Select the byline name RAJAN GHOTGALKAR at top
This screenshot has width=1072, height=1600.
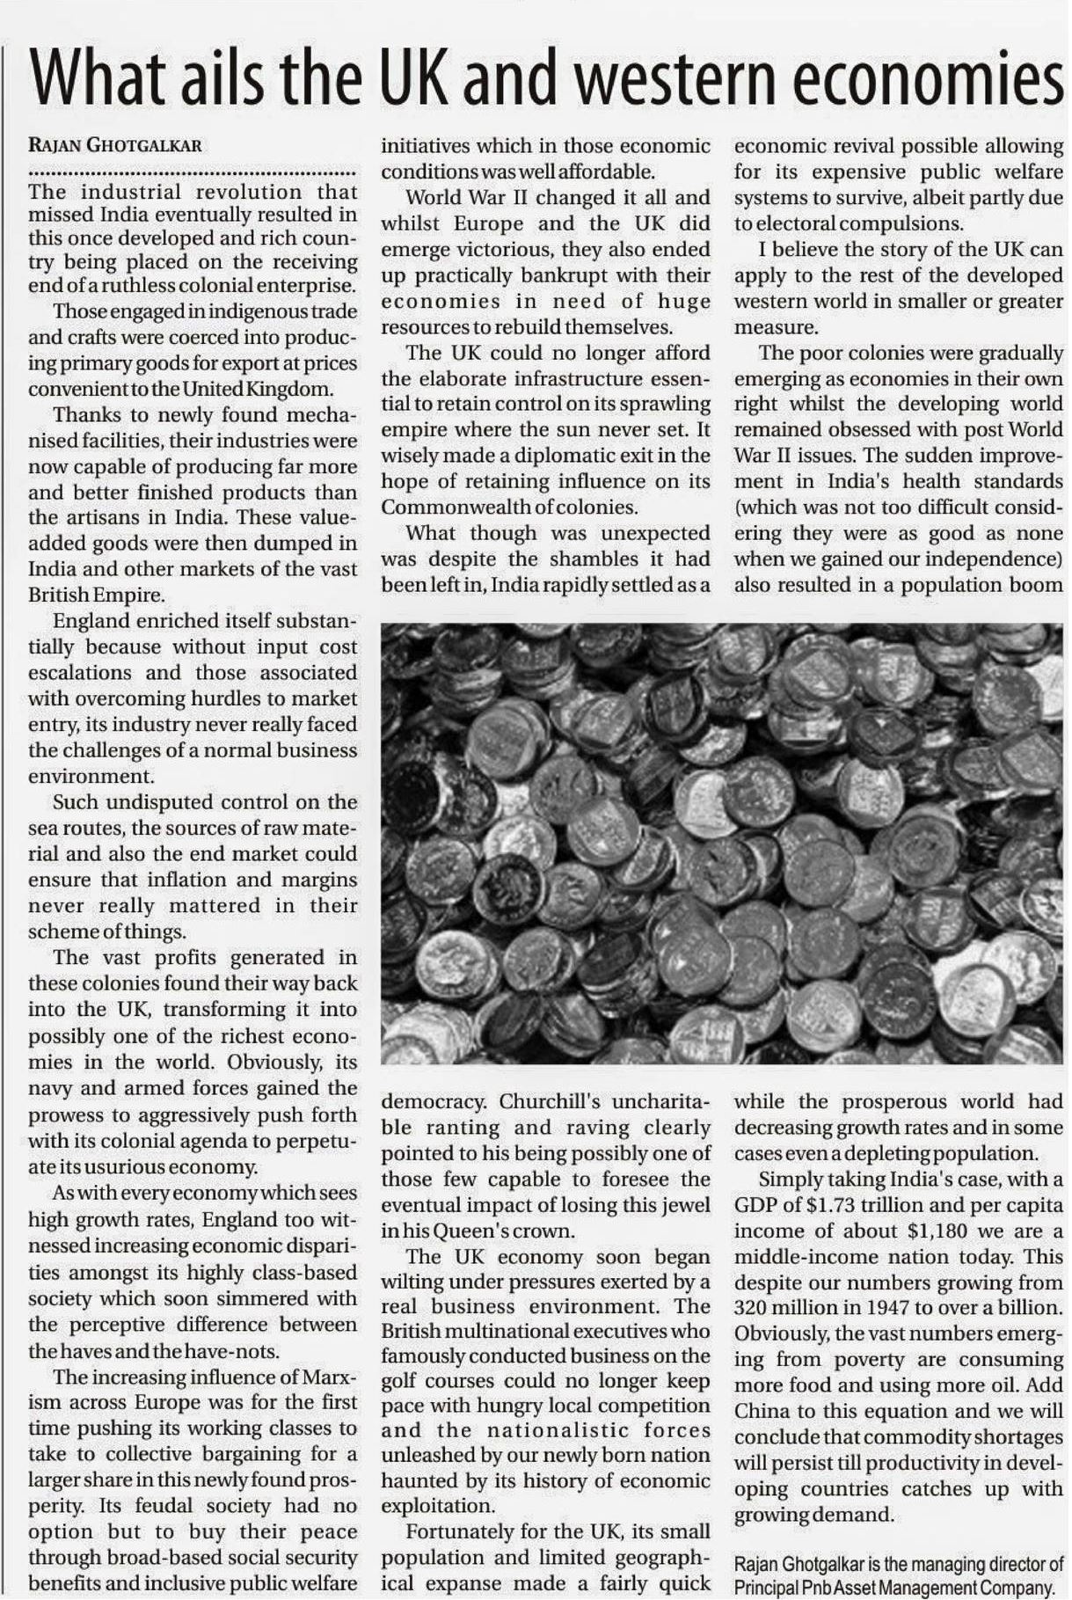(115, 146)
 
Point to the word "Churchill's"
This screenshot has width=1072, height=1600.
(549, 1101)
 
